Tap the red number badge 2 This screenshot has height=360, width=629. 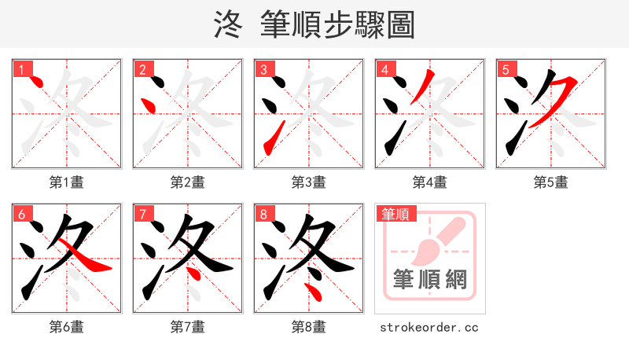[x=142, y=69]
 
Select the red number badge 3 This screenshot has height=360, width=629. [x=263, y=69]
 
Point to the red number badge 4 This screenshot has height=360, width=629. [x=384, y=69]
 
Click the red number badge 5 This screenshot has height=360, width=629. [x=506, y=69]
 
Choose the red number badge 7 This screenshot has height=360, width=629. [x=142, y=214]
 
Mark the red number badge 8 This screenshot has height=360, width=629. [x=263, y=214]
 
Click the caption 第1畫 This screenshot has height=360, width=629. [x=67, y=182]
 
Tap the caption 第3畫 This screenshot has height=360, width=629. [x=309, y=182]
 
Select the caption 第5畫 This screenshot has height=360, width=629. [x=551, y=182]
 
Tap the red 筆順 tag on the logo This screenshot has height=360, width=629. [x=395, y=213]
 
